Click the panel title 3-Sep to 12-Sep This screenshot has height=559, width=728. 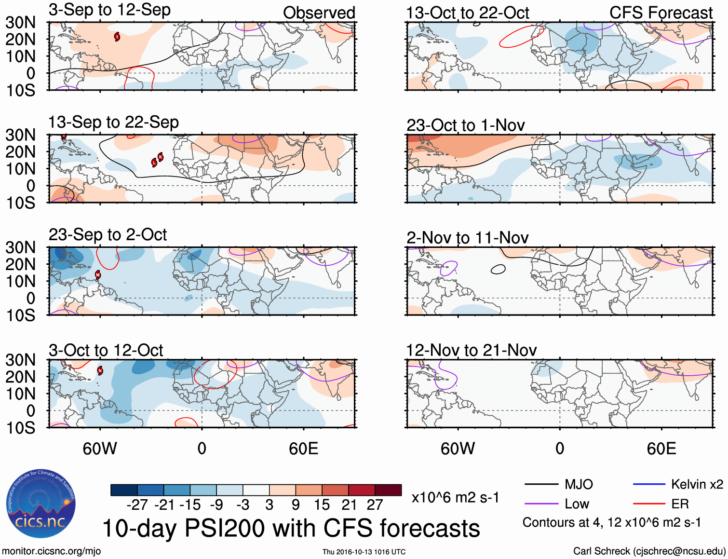click(x=109, y=10)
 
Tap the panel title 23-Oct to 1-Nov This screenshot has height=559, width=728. click(x=465, y=125)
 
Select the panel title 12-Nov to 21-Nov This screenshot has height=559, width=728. click(x=471, y=350)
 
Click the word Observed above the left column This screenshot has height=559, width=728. click(x=319, y=13)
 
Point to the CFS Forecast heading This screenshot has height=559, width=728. click(x=661, y=13)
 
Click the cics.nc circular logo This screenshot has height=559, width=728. click(x=40, y=504)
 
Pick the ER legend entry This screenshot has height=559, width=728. click(x=680, y=504)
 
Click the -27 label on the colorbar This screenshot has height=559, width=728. click(x=137, y=505)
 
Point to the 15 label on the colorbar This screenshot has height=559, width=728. click(x=322, y=505)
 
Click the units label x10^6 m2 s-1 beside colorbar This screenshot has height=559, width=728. click(x=455, y=497)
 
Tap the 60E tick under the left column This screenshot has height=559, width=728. click(x=303, y=449)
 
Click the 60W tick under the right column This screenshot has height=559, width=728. click(x=458, y=449)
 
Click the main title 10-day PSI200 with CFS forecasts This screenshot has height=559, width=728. click(x=291, y=528)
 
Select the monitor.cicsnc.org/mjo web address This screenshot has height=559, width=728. click(x=51, y=551)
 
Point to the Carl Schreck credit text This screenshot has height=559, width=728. click(x=649, y=551)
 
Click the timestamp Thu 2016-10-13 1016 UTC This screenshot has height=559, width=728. click(x=364, y=552)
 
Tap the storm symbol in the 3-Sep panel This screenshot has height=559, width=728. click(x=117, y=37)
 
